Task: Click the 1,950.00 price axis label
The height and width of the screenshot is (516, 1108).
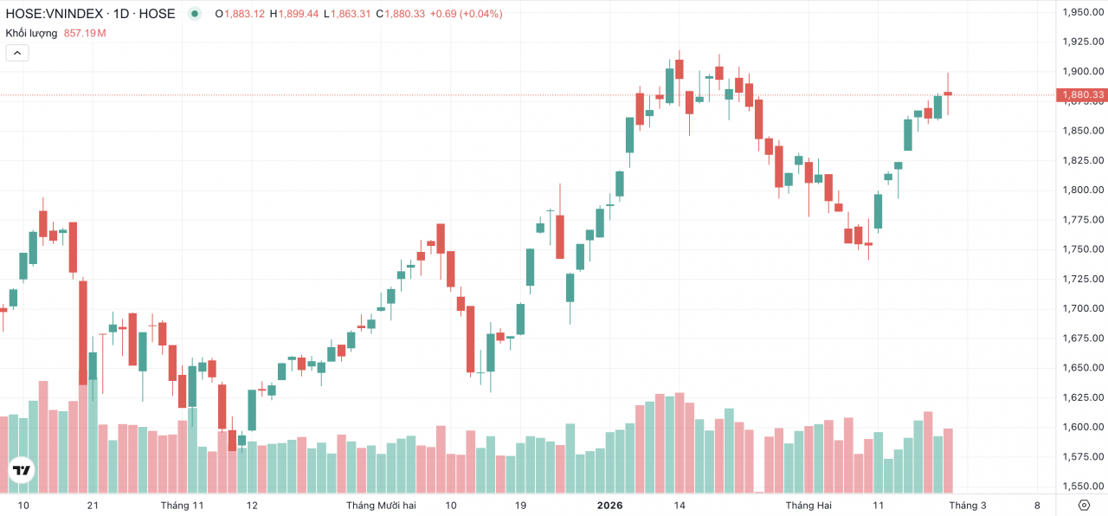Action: [1082, 12]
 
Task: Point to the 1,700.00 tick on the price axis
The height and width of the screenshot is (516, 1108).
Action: [1082, 308]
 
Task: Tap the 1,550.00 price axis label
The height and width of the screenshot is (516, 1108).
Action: [1082, 487]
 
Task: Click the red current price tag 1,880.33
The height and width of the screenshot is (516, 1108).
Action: [1081, 94]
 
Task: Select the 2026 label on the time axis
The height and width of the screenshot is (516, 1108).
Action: [609, 506]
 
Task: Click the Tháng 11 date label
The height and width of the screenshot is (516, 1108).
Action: [182, 506]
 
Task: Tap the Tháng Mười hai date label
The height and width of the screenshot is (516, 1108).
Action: [381, 506]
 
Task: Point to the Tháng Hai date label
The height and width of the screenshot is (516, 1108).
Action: [808, 506]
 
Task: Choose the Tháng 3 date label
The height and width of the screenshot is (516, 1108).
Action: [967, 506]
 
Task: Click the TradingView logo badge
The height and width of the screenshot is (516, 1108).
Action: [21, 471]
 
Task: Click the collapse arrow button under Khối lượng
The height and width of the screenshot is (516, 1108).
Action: [17, 53]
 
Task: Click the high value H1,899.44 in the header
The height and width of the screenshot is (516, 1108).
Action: [294, 14]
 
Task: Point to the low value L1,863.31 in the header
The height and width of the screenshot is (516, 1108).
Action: [346, 14]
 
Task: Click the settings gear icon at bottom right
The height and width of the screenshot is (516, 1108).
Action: [1084, 506]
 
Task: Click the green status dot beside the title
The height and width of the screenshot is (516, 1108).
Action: [195, 14]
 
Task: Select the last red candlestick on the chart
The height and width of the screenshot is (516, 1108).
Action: [948, 94]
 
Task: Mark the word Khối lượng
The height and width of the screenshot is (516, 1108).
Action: [31, 33]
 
